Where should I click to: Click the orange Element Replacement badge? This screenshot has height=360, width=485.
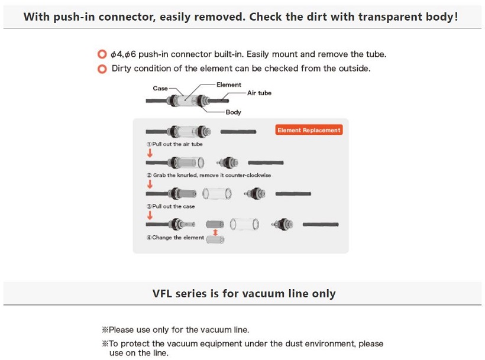click(x=309, y=130)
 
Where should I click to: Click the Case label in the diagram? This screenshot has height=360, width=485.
click(x=160, y=89)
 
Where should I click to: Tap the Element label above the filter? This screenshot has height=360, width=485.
click(x=228, y=85)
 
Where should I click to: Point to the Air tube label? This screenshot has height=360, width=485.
click(x=259, y=93)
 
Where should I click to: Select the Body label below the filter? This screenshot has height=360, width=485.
click(x=233, y=112)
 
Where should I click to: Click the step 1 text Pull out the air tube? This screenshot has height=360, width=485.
click(x=174, y=144)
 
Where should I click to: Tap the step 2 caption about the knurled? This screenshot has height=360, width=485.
click(x=209, y=175)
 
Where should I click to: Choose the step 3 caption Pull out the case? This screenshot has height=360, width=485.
click(x=170, y=206)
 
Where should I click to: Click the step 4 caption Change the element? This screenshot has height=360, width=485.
click(x=175, y=238)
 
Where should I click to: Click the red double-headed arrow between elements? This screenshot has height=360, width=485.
click(x=215, y=232)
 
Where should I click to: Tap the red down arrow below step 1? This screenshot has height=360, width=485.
click(x=150, y=153)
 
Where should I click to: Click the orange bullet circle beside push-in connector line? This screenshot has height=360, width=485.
click(x=102, y=54)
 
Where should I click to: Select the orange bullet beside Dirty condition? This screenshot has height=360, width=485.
click(x=102, y=69)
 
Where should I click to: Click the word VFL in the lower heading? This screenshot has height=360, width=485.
click(x=162, y=293)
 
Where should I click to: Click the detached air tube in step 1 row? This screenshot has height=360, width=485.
click(x=238, y=132)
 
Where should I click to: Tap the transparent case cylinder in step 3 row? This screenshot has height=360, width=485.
click(x=217, y=193)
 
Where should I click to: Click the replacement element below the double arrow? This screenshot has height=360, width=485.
click(x=216, y=239)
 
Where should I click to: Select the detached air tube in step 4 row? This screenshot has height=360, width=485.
click(x=321, y=225)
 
